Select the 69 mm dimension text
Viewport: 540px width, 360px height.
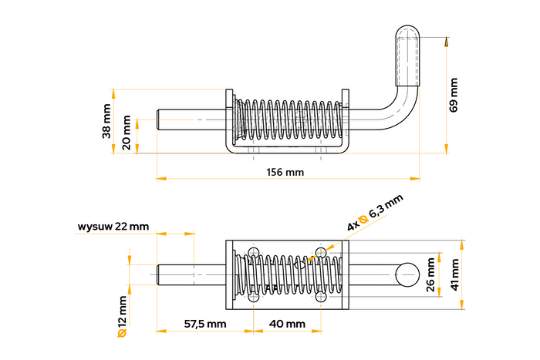tap(454, 95)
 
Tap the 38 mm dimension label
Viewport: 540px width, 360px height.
tap(106, 121)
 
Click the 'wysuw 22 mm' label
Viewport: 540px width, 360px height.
tap(113, 227)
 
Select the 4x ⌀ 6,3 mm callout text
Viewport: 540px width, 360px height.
tap(375, 214)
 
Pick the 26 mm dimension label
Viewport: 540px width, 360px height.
tap(430, 275)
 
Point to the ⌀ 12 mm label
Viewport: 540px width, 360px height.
tap(121, 316)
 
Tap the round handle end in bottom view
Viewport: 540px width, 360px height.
tap(407, 274)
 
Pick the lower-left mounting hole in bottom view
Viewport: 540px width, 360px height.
tap(253, 298)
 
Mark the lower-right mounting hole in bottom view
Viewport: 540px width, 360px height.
tap(321, 298)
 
